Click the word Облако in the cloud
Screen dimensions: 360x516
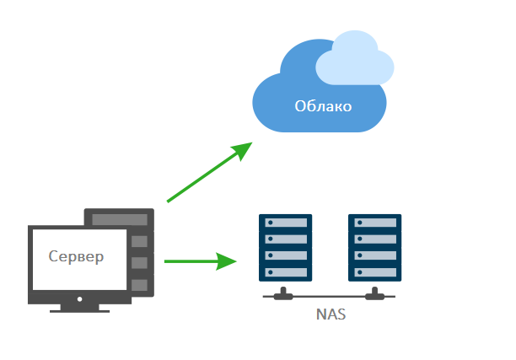point(323,107)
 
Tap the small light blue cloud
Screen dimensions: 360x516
point(355,59)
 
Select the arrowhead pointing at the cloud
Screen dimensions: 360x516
point(243,150)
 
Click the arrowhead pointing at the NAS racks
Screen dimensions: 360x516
point(225,261)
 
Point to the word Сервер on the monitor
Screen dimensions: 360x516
point(77,256)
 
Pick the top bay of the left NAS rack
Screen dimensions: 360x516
point(286,223)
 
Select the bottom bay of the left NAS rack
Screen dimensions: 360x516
point(286,272)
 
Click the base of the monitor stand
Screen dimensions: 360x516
point(78,309)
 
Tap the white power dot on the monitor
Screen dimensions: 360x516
point(79,298)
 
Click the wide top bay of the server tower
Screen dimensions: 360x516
point(119,219)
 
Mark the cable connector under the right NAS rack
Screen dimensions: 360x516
point(375,296)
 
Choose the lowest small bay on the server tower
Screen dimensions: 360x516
point(140,285)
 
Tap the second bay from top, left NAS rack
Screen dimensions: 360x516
point(286,239)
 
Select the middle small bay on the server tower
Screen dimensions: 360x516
point(140,263)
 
